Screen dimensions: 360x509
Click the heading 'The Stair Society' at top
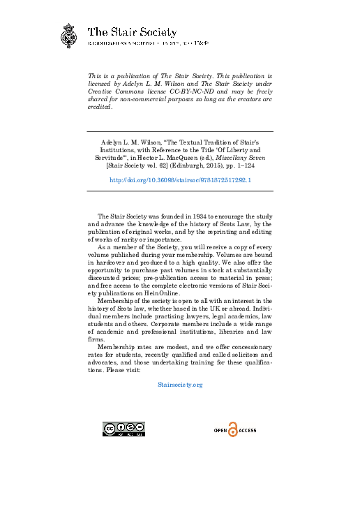coord(131,32)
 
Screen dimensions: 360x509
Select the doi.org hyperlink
coord(180,179)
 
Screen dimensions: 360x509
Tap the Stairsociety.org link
coord(180,385)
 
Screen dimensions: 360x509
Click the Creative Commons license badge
coord(123,429)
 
